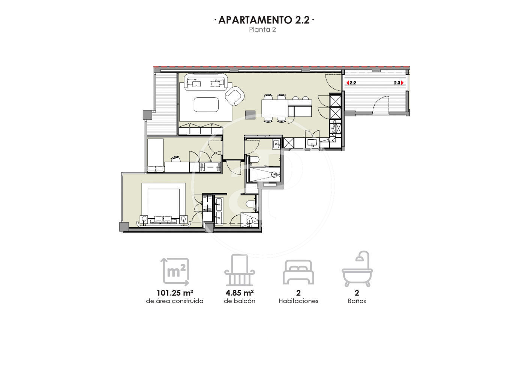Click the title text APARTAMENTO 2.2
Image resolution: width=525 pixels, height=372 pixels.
tap(264, 20)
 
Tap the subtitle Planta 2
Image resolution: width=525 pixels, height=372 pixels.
tap(262, 30)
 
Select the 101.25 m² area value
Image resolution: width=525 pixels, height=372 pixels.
tap(175, 293)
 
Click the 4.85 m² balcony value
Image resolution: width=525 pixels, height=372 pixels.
tap(240, 293)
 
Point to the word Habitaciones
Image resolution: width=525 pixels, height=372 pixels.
tap(298, 301)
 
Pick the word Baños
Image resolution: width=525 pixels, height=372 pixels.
tap(357, 301)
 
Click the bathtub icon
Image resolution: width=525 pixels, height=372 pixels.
tap(357, 269)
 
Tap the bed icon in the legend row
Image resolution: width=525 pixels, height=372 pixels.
tap(298, 272)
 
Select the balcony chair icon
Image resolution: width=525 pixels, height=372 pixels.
tap(240, 270)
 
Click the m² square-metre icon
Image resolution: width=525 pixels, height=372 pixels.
tap(175, 272)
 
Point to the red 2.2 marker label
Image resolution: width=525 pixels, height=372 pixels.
tap(351, 83)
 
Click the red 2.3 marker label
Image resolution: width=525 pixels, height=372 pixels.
tap(399, 83)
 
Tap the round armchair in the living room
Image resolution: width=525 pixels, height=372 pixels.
tap(235, 96)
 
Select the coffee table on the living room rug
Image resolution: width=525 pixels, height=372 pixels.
tap(206, 105)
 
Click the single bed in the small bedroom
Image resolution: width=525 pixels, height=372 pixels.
tap(155, 155)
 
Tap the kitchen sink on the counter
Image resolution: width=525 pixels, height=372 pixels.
tap(312, 142)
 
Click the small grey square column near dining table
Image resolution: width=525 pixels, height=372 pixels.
tap(250, 115)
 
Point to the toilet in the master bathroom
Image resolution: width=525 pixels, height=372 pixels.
tap(251, 204)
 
